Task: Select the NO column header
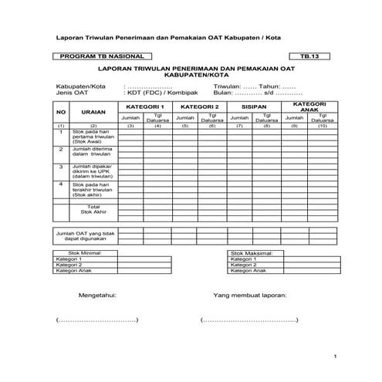pyautogui.click(x=60, y=112)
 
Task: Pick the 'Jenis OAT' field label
pyautogui.click(x=69, y=93)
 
